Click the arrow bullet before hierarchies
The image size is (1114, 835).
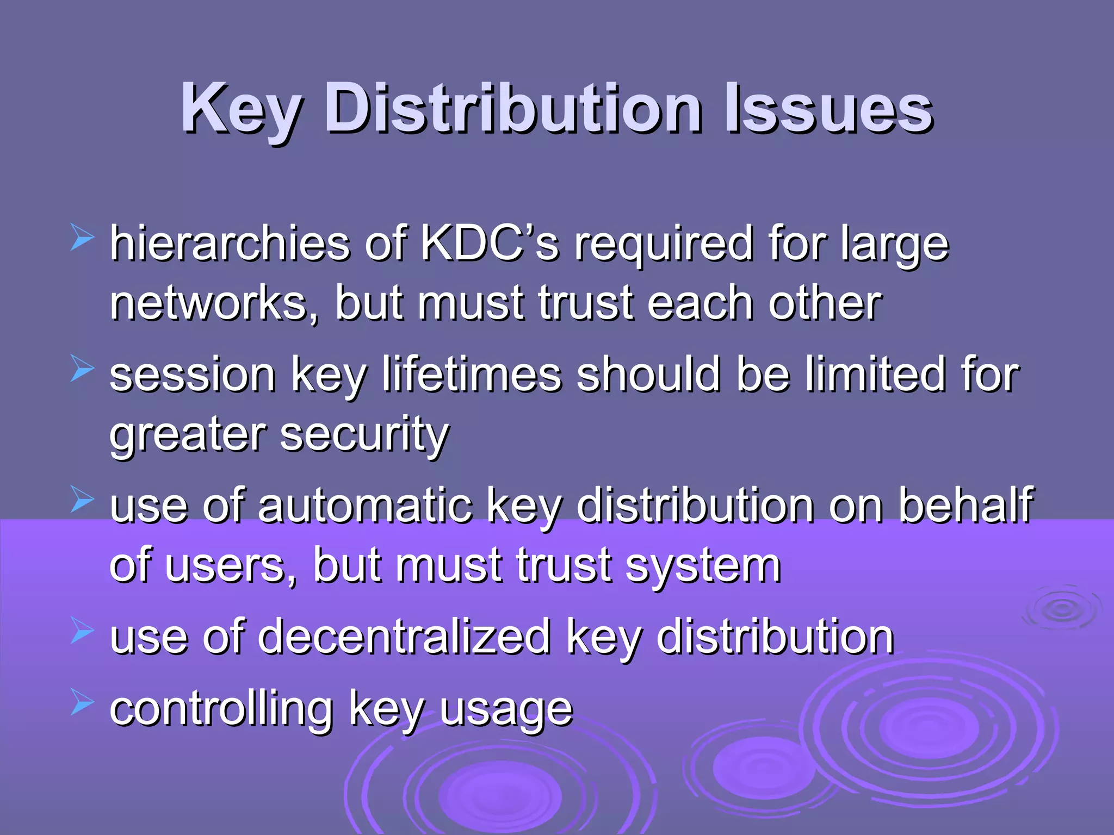tap(82, 239)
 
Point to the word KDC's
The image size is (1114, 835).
tap(490, 243)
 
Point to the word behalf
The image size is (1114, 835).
tap(965, 504)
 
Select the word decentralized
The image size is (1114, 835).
tap(404, 637)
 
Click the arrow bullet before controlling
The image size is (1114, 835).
tap(82, 705)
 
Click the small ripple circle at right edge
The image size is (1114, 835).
tap(1061, 609)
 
